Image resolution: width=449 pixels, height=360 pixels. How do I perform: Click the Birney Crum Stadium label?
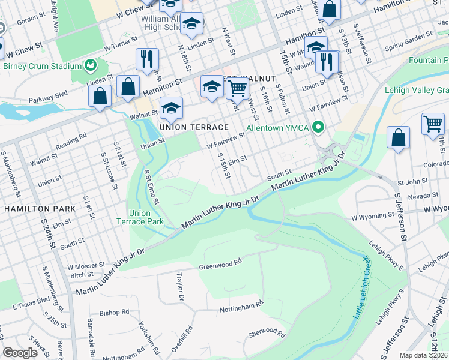[x=41, y=66]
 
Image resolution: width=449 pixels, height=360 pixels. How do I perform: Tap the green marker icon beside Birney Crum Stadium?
[x=91, y=64]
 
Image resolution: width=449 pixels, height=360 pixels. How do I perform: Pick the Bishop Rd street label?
[x=114, y=312]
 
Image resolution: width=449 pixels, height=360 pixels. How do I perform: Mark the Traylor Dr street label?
[x=179, y=286]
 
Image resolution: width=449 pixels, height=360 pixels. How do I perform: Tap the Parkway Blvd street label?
[x=71, y=94]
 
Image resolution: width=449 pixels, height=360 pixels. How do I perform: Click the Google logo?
[x=20, y=353]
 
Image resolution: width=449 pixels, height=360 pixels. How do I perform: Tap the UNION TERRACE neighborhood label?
[x=194, y=127]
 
